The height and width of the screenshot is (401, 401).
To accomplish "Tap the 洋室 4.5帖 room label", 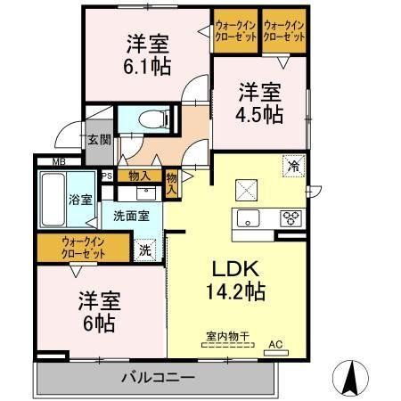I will point(258,102).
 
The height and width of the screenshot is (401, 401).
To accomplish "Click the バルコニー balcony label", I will point(158,378).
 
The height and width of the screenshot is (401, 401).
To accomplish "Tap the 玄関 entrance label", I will point(98,139).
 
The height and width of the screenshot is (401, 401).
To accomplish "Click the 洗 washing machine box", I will point(144,250).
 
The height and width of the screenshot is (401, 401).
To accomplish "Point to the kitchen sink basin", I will point(246,217).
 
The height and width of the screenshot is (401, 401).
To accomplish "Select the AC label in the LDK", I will point(275,342).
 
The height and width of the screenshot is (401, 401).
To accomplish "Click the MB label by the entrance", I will point(57,161).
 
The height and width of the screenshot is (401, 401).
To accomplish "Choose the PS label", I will point(107,176).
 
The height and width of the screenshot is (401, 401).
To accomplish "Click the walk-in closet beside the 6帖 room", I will point(84,247).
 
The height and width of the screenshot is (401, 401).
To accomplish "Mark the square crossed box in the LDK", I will point(245,190).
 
